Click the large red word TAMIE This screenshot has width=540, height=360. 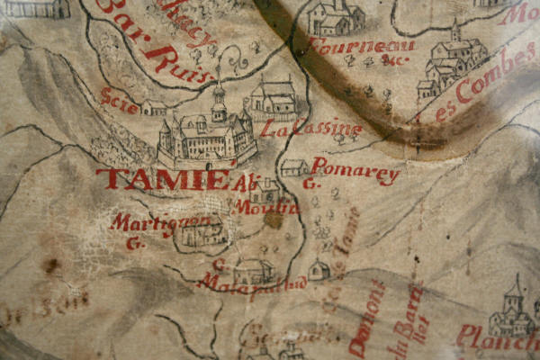pos(162,179)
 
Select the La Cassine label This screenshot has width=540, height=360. pos(310,129)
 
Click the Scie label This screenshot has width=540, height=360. pos(120,100)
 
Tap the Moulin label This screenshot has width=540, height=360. pos(254,207)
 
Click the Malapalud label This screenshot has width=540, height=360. pos(252,285)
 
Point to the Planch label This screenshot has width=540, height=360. pos(495,337)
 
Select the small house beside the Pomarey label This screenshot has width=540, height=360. pos(293,167)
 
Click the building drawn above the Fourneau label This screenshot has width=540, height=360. pos(335,18)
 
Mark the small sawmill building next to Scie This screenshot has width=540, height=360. pos(154,108)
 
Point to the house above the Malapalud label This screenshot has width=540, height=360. pos(254,269)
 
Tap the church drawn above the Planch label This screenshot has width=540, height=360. pos(512,310)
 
